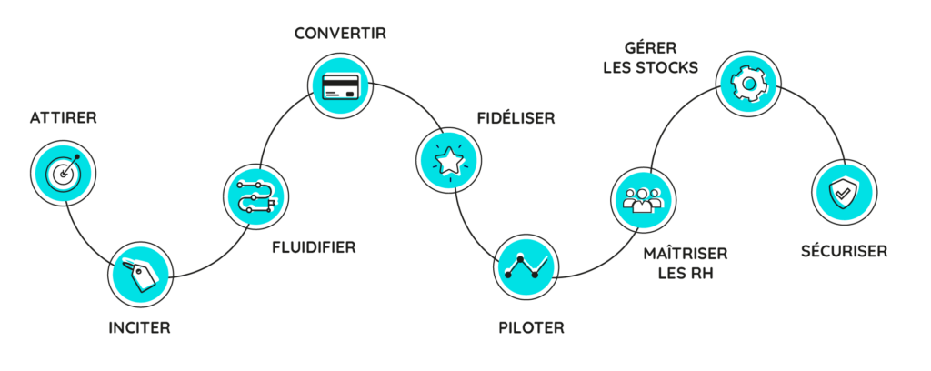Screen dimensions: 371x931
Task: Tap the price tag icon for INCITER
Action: pyautogui.click(x=141, y=275)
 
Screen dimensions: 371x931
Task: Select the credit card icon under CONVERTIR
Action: pyautogui.click(x=340, y=85)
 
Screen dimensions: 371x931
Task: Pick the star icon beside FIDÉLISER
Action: pyautogui.click(x=449, y=160)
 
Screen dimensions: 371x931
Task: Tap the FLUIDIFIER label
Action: pyautogui.click(x=314, y=247)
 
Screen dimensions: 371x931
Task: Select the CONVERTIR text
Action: pyautogui.click(x=341, y=34)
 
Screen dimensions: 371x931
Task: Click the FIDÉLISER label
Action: pyautogui.click(x=516, y=119)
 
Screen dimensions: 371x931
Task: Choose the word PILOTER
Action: pyautogui.click(x=531, y=327)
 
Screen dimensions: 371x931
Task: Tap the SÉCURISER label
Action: pyautogui.click(x=845, y=251)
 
